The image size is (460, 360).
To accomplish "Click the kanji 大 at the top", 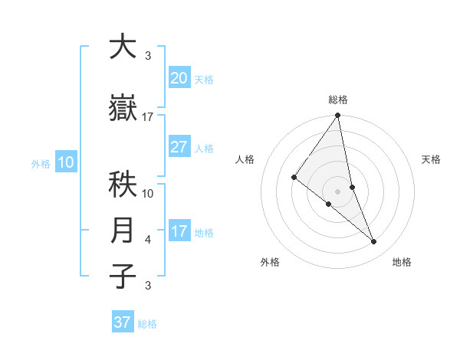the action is click(x=123, y=47).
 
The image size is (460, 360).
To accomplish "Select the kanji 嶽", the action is click(x=123, y=109).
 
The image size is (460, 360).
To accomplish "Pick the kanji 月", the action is click(x=123, y=231).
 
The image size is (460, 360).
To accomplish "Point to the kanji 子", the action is click(x=123, y=277).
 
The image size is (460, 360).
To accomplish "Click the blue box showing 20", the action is click(x=179, y=77).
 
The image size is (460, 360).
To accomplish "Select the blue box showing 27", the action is click(x=179, y=147).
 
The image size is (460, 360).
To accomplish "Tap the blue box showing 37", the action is click(x=123, y=322).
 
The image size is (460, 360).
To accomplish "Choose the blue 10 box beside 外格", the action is click(x=65, y=162).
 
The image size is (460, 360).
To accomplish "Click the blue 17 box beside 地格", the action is click(x=179, y=231).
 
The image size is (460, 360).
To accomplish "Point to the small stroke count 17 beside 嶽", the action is click(x=148, y=117).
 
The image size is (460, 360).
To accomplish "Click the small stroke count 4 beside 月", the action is click(x=148, y=240).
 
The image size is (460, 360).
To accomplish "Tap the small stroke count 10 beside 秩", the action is click(x=148, y=194).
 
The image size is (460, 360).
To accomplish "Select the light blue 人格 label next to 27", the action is click(x=204, y=148).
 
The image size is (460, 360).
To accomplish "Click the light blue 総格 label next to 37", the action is click(x=147, y=324).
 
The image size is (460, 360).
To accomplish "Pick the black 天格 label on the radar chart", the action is click(x=432, y=159).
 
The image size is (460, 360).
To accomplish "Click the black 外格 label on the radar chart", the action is click(x=270, y=262).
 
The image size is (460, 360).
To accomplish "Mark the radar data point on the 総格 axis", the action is click(x=337, y=116).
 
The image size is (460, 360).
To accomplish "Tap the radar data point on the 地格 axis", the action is click(x=374, y=241).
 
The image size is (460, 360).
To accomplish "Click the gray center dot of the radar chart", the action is click(x=337, y=191).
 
